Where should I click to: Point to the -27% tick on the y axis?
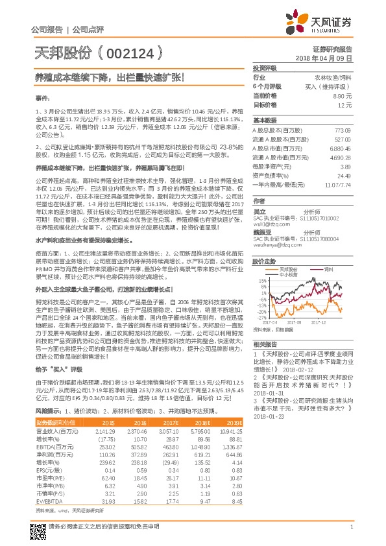(260, 318)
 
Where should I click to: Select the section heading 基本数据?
(265, 121)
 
